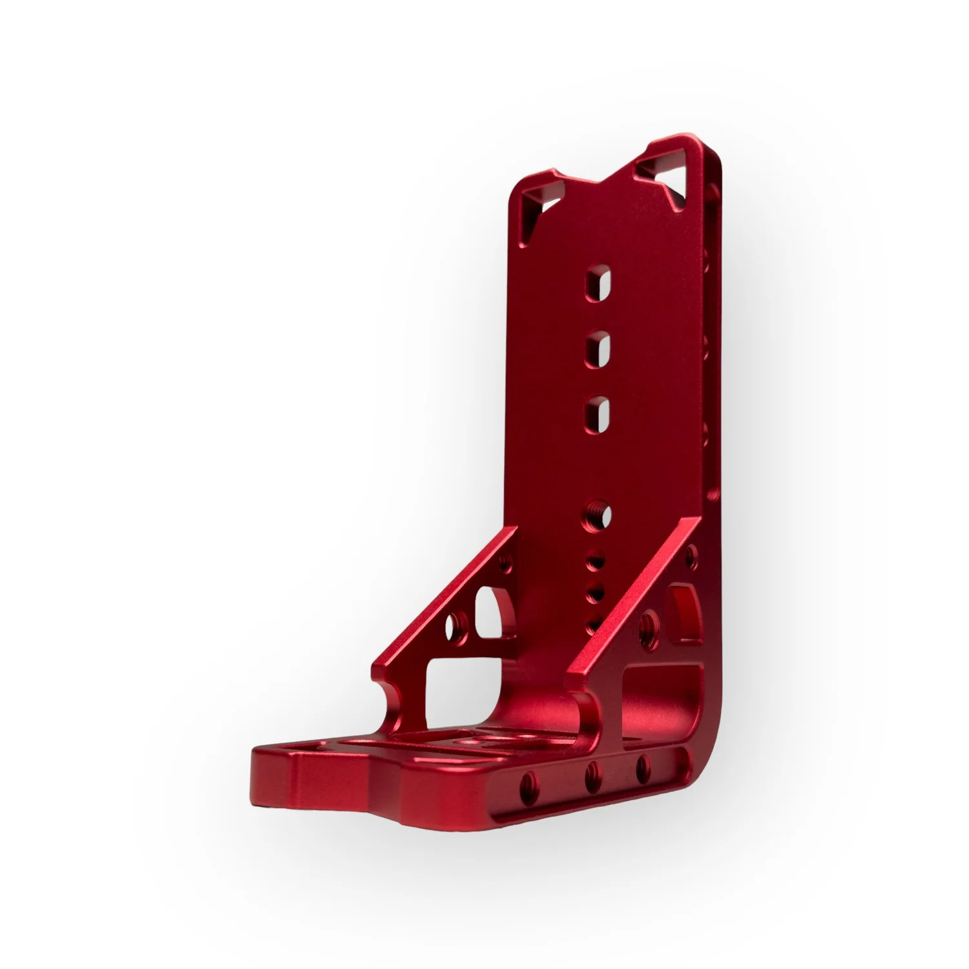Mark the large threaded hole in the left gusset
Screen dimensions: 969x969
pyautogui.click(x=459, y=624)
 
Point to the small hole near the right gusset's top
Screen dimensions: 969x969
pyautogui.click(x=691, y=553)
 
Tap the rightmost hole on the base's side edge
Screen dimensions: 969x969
pyautogui.click(x=642, y=764)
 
